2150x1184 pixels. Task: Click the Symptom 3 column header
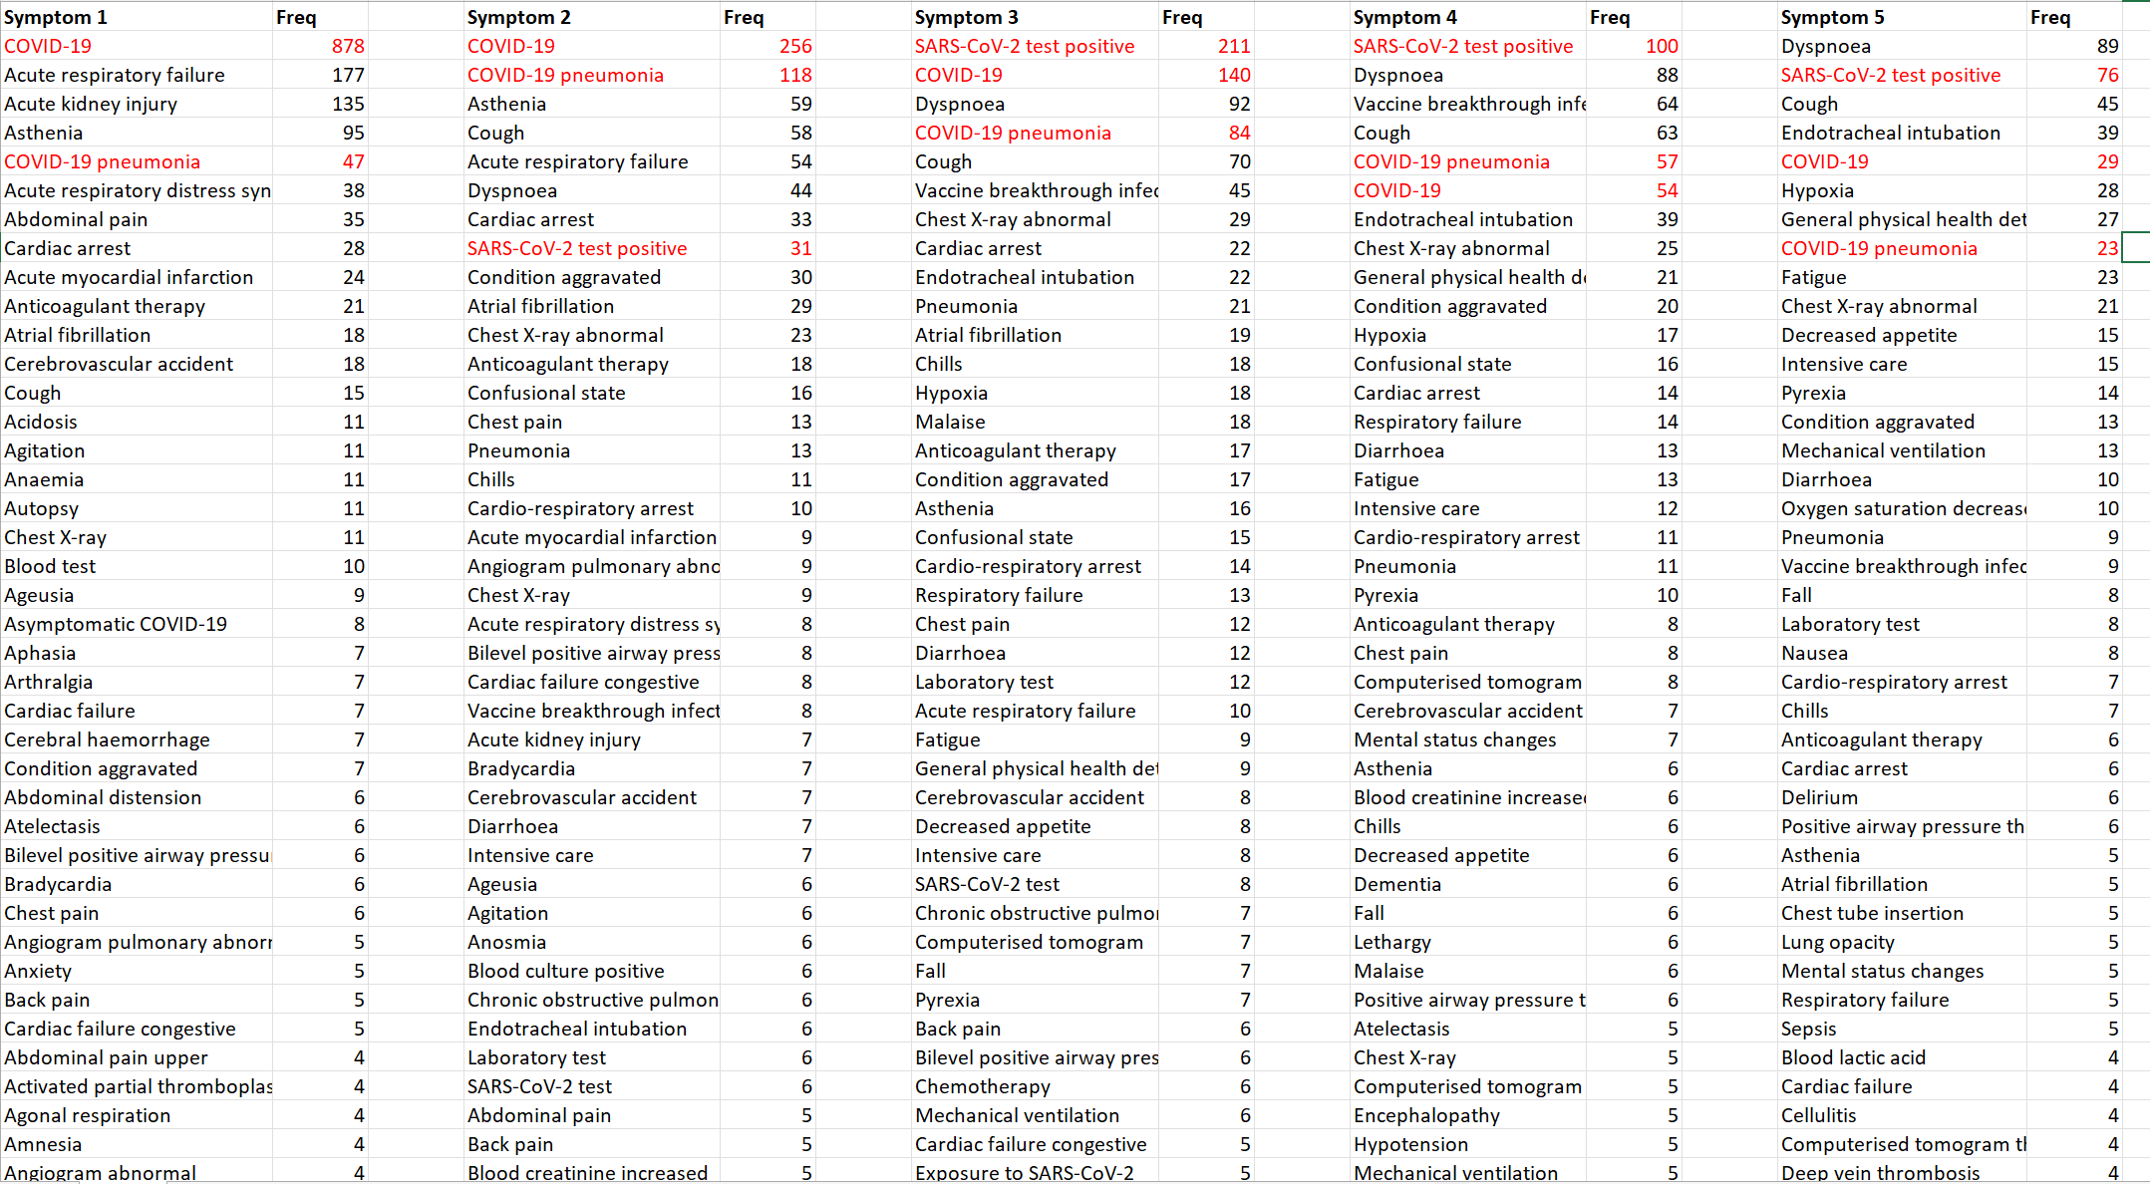point(966,17)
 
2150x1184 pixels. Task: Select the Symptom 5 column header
point(1833,17)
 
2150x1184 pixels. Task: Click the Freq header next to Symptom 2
point(744,17)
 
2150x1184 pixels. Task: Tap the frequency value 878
point(348,46)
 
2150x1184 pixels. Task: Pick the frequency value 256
point(795,46)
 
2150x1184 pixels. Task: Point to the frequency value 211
point(1234,46)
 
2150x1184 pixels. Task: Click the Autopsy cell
point(41,508)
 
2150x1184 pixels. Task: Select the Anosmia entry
point(506,942)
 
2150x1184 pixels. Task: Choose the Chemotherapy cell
point(982,1086)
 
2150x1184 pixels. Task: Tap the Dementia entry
point(1396,884)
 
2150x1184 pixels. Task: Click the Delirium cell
point(1819,797)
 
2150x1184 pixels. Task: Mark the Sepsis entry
point(1808,1029)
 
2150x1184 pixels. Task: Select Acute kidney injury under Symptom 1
point(91,104)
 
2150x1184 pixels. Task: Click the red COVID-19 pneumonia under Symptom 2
point(565,75)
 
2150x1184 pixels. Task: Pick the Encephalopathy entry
point(1426,1115)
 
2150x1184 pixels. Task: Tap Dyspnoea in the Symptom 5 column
point(1825,46)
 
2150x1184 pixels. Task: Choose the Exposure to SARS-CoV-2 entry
point(1024,1173)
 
